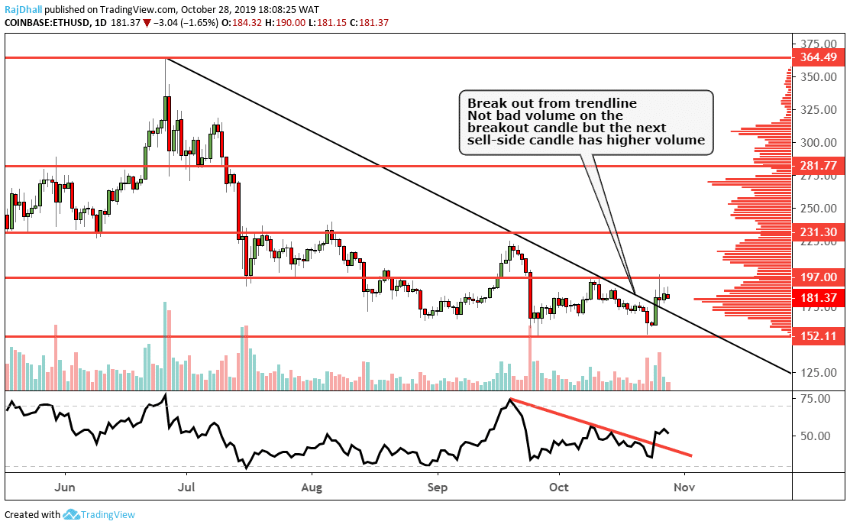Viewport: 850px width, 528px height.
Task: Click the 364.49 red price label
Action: pos(822,58)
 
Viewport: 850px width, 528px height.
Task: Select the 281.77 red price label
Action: pos(822,166)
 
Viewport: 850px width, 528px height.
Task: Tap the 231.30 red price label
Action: pos(822,232)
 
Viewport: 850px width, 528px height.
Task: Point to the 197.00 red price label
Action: pos(822,277)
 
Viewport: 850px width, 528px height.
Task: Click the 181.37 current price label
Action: pos(822,297)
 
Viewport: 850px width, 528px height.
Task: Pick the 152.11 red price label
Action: pos(822,336)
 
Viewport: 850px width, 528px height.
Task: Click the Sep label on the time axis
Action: pos(437,486)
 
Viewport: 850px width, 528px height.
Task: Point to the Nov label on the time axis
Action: pos(685,486)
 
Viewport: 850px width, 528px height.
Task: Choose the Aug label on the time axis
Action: pos(312,486)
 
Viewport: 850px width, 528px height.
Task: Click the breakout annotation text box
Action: pos(586,122)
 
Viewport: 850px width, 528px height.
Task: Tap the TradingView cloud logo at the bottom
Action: pos(72,515)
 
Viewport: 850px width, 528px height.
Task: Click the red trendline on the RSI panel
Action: pos(603,429)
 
